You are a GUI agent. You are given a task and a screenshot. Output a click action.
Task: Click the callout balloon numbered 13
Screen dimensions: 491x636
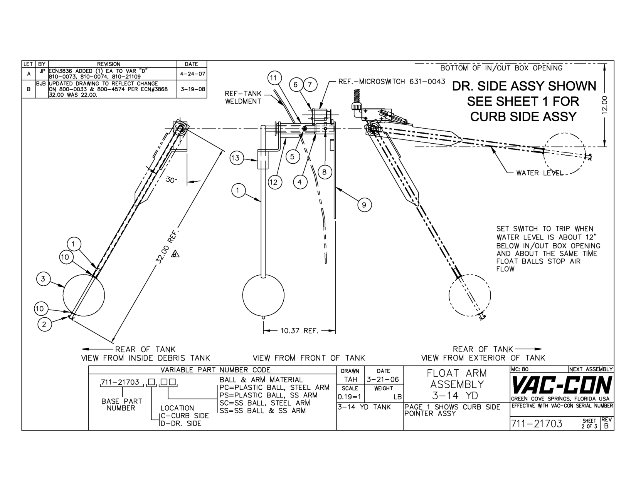point(236,158)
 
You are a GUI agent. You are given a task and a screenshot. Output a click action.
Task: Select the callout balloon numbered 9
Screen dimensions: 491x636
point(364,205)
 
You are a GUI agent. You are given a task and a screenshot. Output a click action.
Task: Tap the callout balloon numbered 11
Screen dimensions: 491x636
point(273,78)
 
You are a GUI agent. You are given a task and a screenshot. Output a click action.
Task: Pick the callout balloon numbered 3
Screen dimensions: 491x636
point(44,279)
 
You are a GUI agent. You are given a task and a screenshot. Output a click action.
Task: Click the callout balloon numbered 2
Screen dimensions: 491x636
point(44,325)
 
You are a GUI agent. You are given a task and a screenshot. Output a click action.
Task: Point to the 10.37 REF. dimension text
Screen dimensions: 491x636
point(299,331)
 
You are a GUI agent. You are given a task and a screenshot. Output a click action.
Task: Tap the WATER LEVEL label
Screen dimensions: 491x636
point(540,173)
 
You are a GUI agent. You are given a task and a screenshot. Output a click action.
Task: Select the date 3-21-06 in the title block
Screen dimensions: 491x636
point(383,380)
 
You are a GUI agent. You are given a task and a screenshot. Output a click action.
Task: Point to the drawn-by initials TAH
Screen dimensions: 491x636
point(350,380)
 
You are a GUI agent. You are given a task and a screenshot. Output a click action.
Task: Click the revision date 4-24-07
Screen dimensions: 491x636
point(191,73)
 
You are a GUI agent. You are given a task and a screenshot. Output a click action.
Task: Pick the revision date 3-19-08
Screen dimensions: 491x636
point(191,89)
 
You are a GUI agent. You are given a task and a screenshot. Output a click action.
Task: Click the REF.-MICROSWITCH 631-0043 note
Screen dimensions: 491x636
point(392,82)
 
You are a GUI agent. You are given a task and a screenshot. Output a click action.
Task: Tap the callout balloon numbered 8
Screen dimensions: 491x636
point(324,172)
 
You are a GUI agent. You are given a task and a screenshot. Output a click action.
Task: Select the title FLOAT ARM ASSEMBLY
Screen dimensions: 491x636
point(456,384)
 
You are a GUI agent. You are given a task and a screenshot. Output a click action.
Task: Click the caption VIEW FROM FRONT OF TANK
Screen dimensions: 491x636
point(308,358)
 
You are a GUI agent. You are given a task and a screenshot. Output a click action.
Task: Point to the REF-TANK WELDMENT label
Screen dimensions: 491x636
point(243,97)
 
